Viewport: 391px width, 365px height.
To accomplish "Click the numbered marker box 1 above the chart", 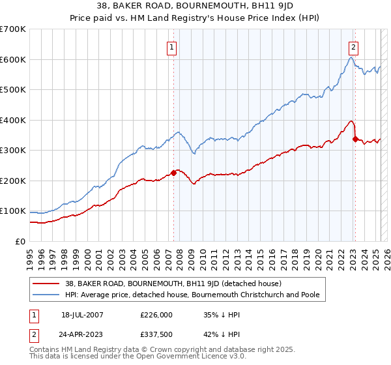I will pyautogui.click(x=171, y=46).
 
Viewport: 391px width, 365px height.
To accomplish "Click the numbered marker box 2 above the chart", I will pyautogui.click(x=353, y=46).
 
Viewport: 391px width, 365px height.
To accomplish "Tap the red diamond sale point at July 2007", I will pyautogui.click(x=174, y=173).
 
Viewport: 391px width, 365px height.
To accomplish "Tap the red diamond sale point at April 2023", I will pyautogui.click(x=355, y=139).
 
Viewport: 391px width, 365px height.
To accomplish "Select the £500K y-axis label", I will pyautogui.click(x=13, y=90).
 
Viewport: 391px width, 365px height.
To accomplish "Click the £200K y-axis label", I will pyautogui.click(x=13, y=181).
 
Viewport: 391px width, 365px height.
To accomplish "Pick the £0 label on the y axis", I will pyautogui.click(x=21, y=241).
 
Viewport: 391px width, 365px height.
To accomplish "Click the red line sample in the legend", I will pyautogui.click(x=46, y=284).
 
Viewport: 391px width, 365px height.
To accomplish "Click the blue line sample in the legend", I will pyautogui.click(x=46, y=295).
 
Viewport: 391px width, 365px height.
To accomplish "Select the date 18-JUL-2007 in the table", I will pyautogui.click(x=82, y=314).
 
